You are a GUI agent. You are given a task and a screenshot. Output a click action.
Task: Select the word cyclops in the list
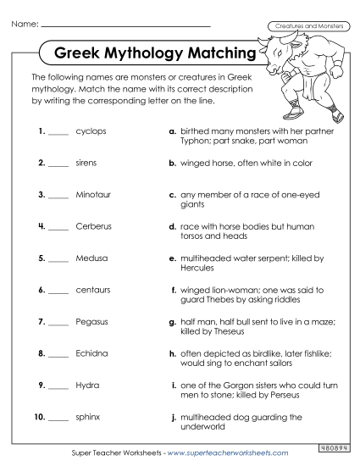(x=91, y=132)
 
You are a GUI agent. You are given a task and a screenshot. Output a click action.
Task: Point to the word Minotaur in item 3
(x=93, y=195)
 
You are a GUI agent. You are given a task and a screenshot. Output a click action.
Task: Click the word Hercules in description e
(x=199, y=268)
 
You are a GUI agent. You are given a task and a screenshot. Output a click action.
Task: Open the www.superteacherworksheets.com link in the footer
(x=228, y=453)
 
